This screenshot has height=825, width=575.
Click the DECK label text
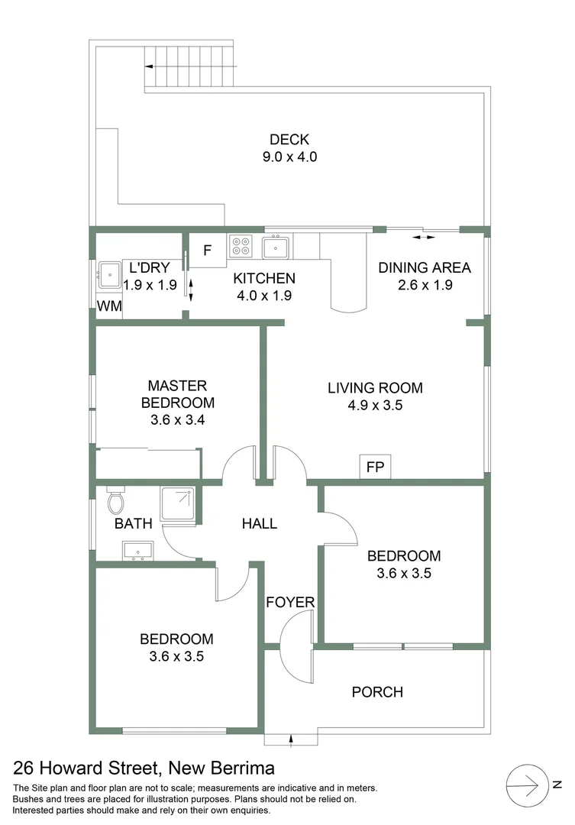tap(289, 140)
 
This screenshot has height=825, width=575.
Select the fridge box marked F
tap(207, 251)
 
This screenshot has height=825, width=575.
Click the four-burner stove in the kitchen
tap(240, 247)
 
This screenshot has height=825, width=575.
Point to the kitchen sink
tap(275, 247)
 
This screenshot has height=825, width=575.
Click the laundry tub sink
tap(108, 273)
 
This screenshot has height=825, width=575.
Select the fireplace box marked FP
tap(375, 467)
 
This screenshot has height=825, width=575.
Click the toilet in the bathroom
tap(115, 501)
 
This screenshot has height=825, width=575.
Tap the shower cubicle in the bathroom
tap(177, 504)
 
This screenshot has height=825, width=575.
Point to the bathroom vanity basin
tap(137, 550)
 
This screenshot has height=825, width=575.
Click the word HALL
tap(259, 524)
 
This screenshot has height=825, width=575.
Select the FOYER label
tap(290, 603)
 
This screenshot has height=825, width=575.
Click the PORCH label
tap(376, 692)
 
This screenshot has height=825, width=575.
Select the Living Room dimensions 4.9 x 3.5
tap(375, 406)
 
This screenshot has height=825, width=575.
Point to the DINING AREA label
tap(425, 267)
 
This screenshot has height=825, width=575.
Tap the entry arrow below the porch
tap(291, 738)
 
